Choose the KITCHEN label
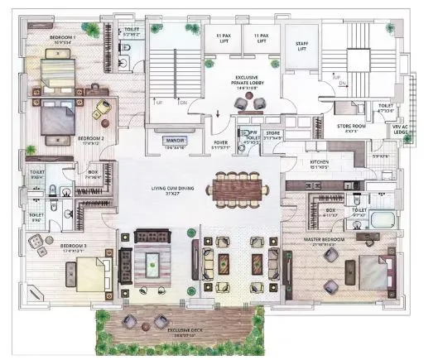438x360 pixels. click(321, 161)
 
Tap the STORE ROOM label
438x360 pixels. click(353, 127)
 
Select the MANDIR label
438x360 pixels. click(174, 142)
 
